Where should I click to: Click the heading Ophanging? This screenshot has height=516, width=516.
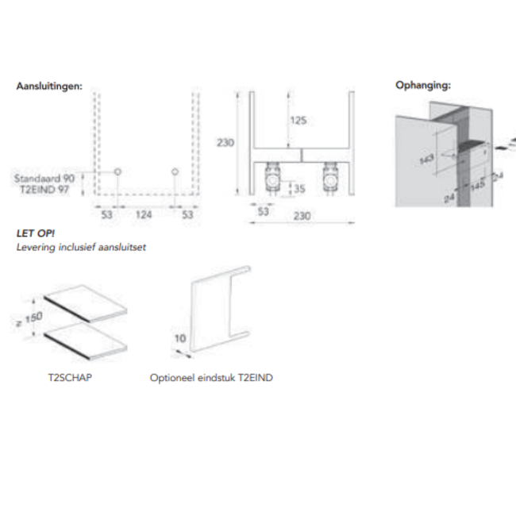[423, 84]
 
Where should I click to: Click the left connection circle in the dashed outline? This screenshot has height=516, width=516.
[117, 172]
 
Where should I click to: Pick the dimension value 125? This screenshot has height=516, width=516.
[298, 121]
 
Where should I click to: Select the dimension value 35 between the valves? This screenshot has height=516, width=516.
[299, 188]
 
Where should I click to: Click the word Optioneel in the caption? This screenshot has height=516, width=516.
[170, 378]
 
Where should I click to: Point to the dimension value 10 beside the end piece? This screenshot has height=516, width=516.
[180, 339]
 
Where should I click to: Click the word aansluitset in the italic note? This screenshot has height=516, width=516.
[123, 247]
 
